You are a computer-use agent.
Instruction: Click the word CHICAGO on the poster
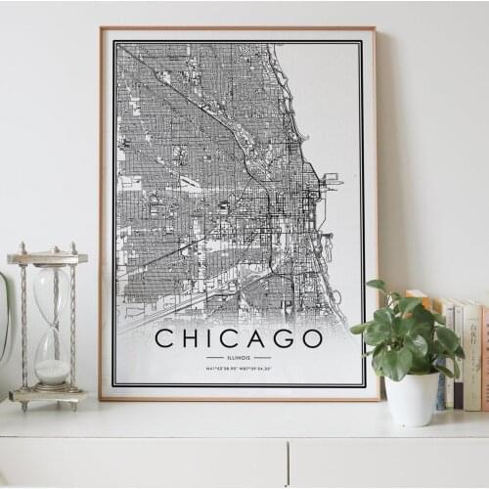pyautogui.click(x=239, y=338)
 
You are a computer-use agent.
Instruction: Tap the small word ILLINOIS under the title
pyautogui.click(x=239, y=358)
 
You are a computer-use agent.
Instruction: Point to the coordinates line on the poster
pyautogui.click(x=239, y=370)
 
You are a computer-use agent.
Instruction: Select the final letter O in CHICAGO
pyautogui.click(x=311, y=338)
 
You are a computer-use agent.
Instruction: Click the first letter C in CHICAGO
pyautogui.click(x=165, y=338)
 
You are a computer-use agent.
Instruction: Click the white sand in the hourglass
pyautogui.click(x=52, y=372)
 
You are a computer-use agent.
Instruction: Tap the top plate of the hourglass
pyautogui.click(x=47, y=258)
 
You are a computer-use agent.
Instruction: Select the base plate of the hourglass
pyautogui.click(x=48, y=395)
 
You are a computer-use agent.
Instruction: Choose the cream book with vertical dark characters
pyautogui.click(x=472, y=352)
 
